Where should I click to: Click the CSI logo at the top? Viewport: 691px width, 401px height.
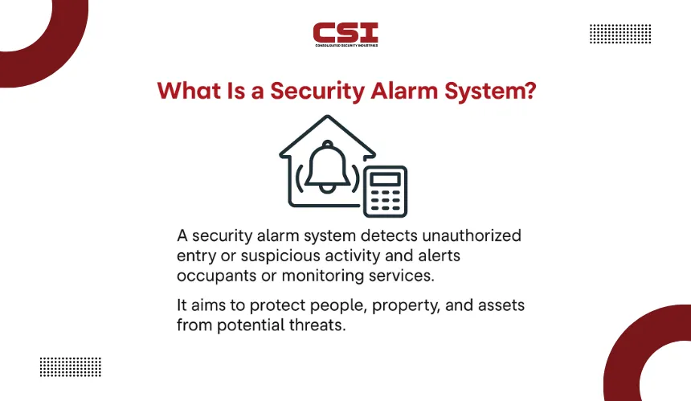coord(345,35)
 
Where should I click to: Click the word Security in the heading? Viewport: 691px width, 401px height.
coord(317,92)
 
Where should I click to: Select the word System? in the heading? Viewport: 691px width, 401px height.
coord(490,92)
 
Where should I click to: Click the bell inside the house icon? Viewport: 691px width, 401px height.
coord(328,166)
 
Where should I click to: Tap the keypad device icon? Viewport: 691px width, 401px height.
coord(385,192)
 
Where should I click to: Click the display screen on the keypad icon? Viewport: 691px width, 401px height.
coord(385,179)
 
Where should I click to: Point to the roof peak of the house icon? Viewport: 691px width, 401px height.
coord(328,116)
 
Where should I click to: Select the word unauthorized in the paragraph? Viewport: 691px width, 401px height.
coord(472,235)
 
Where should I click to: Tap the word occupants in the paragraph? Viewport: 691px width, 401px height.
coord(216,276)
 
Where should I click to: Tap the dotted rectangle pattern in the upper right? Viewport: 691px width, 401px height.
coord(620,34)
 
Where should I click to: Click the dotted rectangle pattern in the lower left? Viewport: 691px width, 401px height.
coord(71,367)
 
